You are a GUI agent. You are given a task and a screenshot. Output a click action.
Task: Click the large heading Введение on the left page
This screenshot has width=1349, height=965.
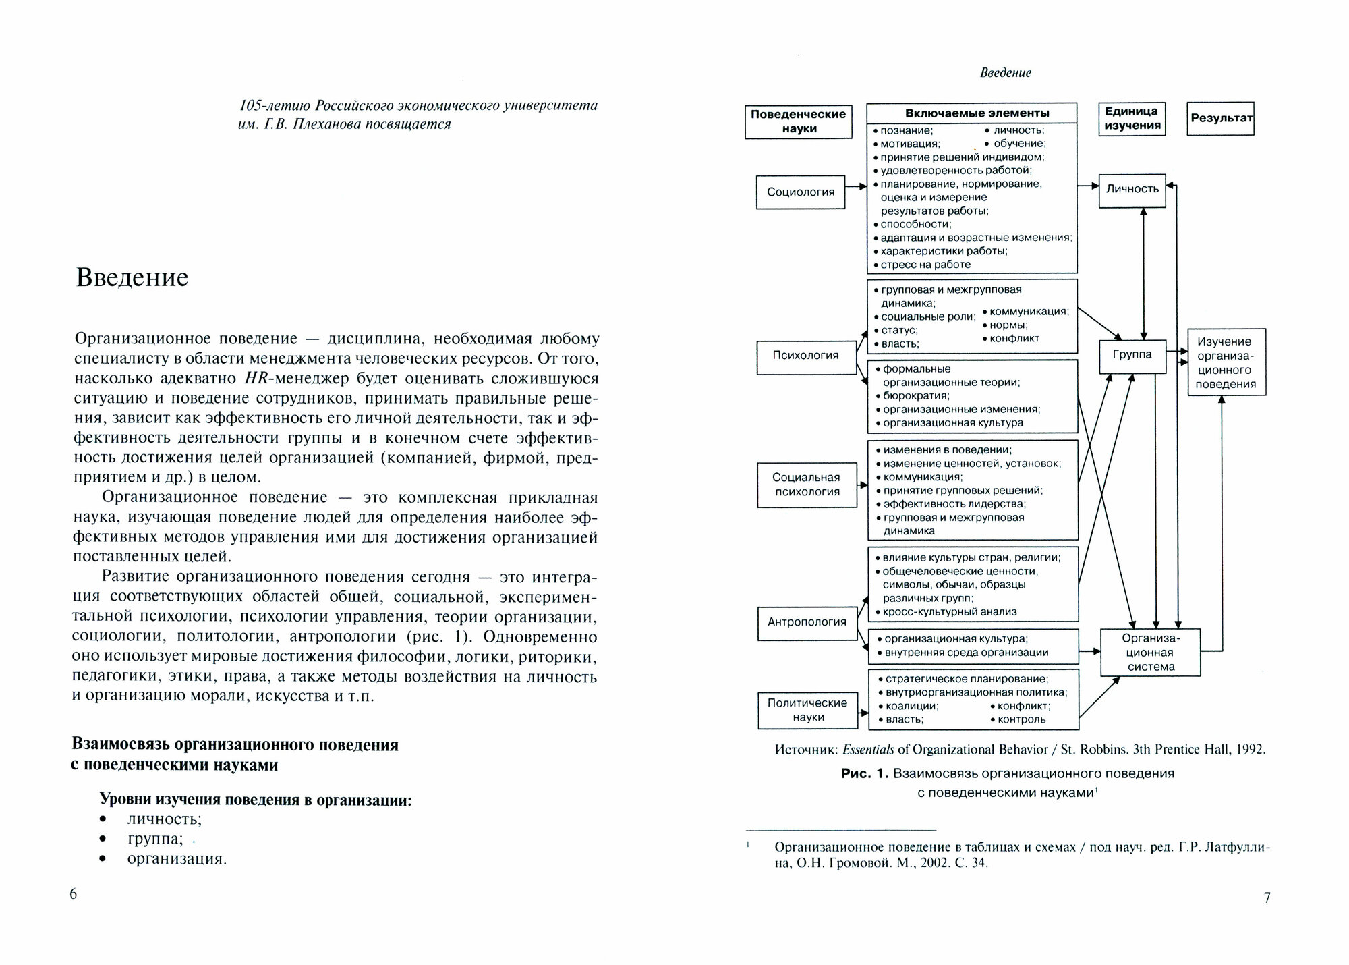point(132,278)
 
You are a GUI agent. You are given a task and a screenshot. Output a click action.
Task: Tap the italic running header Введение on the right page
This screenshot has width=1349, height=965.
point(1005,73)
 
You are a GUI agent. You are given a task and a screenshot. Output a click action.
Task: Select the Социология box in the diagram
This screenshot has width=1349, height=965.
point(801,192)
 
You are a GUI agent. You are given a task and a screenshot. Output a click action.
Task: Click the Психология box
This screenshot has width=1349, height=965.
point(805,356)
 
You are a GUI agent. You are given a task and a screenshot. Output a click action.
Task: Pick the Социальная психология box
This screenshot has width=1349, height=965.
point(807,485)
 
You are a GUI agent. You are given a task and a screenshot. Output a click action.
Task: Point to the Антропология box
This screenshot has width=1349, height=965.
point(807,622)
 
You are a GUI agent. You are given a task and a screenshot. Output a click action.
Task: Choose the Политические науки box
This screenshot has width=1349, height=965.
point(808,710)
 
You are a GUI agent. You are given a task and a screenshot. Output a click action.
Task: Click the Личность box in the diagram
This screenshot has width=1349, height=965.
point(1132,189)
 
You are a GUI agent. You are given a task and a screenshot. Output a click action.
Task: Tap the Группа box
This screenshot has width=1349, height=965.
point(1132,355)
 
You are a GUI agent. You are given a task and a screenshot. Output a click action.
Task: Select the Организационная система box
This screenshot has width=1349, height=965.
point(1151,653)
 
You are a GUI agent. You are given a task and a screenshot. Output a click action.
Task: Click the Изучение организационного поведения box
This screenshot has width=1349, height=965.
point(1226,362)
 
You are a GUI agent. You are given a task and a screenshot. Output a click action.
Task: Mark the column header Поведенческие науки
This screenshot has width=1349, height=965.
point(799,121)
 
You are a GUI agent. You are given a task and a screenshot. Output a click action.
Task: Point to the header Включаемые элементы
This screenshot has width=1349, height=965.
point(971,113)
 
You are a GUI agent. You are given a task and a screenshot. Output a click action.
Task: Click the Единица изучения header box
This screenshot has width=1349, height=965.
point(1132,118)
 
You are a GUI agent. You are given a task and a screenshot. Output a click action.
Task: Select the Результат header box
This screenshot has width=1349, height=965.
point(1221,118)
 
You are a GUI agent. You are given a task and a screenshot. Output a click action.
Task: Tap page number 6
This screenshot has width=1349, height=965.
point(74,894)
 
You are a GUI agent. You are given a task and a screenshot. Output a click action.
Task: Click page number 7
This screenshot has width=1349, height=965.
point(1267,898)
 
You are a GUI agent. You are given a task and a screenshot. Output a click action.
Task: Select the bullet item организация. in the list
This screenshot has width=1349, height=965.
point(177,859)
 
